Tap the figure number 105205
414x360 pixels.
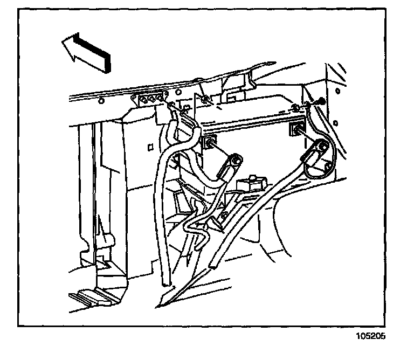(370, 336)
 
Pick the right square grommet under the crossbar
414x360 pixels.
(296, 129)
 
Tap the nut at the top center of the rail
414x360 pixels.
(206, 99)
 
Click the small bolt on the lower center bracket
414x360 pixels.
(222, 217)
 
